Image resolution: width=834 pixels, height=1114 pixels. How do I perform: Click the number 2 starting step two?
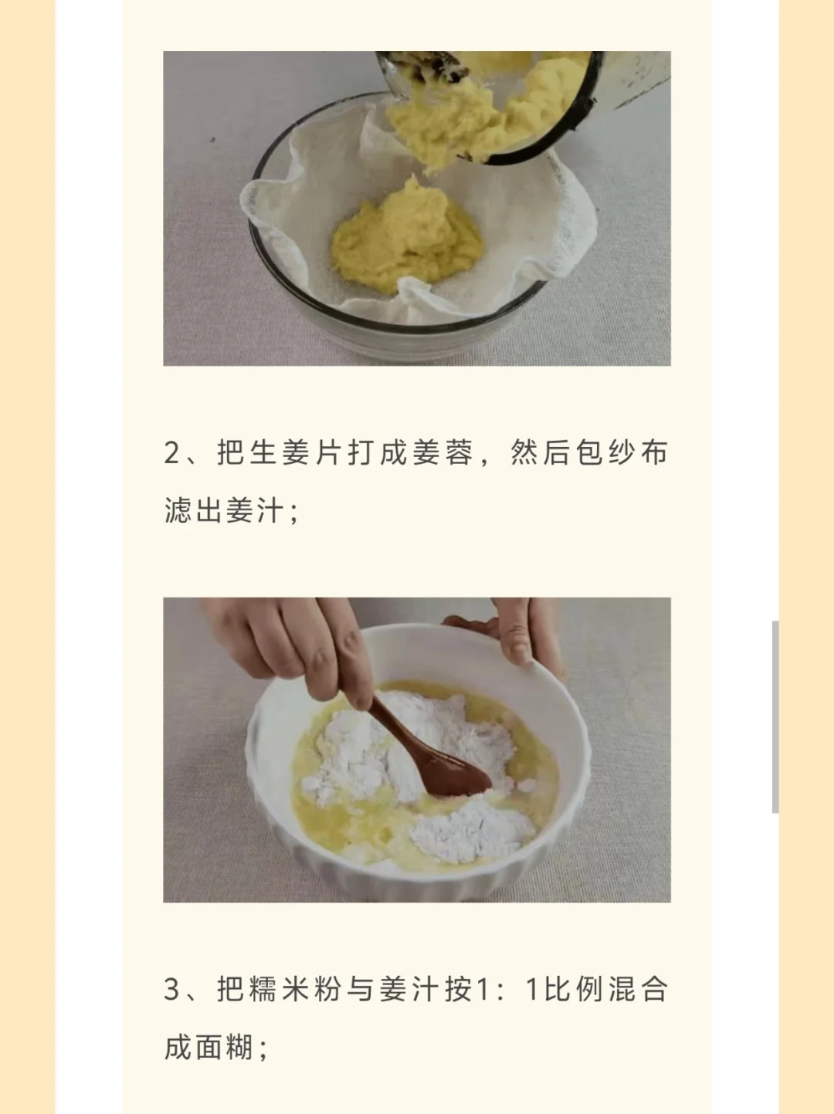point(172,452)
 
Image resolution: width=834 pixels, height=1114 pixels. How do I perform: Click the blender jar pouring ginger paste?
point(523,101)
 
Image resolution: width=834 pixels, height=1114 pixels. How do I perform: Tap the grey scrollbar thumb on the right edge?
point(775,716)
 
